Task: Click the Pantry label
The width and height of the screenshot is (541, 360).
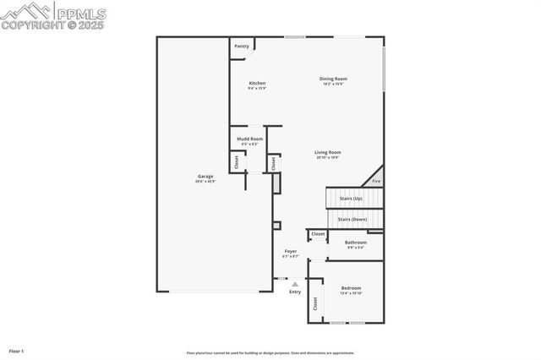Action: [x=242, y=46]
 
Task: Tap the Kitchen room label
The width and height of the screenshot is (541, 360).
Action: [x=257, y=83]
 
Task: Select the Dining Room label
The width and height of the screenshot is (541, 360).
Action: [x=333, y=79]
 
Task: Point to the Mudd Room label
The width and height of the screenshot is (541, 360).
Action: [x=249, y=139]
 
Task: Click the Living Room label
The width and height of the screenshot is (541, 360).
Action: [x=328, y=152]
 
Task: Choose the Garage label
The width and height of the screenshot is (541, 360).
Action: [x=205, y=176]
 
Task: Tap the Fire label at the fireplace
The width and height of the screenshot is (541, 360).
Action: [x=376, y=181]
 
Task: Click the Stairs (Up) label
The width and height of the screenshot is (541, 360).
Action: [x=351, y=198]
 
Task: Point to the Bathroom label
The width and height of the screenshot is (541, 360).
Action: [x=355, y=243]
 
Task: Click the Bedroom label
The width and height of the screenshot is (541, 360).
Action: [x=351, y=288]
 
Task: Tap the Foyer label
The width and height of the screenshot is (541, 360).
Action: [x=290, y=252]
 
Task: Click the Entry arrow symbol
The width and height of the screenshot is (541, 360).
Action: [x=295, y=284]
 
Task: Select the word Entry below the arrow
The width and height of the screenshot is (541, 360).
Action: [x=295, y=292]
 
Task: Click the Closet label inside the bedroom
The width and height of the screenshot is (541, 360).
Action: [x=315, y=303]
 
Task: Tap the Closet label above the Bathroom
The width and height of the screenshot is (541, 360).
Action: [x=318, y=234]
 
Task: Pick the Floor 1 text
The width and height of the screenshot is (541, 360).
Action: [x=17, y=350]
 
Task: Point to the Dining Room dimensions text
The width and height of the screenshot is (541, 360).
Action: [x=333, y=84]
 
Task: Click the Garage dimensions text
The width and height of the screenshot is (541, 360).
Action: [x=205, y=181]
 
